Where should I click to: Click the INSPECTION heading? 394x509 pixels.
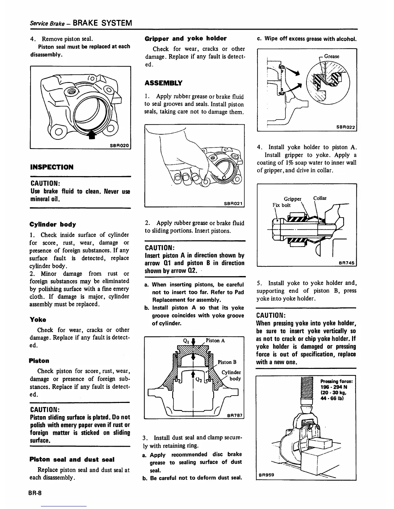52,167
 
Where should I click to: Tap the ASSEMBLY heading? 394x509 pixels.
164,83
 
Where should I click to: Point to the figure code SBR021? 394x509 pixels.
233,203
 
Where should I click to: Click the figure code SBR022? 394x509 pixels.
345,127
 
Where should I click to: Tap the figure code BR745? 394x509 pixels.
346,263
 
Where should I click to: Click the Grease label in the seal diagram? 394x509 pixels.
332,56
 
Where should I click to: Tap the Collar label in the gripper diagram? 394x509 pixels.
320,198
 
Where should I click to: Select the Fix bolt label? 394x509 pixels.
282,205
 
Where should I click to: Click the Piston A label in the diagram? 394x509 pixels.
215,341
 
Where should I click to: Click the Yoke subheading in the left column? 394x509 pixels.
38,320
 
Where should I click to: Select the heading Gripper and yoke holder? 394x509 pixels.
186,39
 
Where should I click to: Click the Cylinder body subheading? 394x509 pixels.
53,224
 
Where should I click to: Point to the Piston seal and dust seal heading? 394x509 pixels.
72,460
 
